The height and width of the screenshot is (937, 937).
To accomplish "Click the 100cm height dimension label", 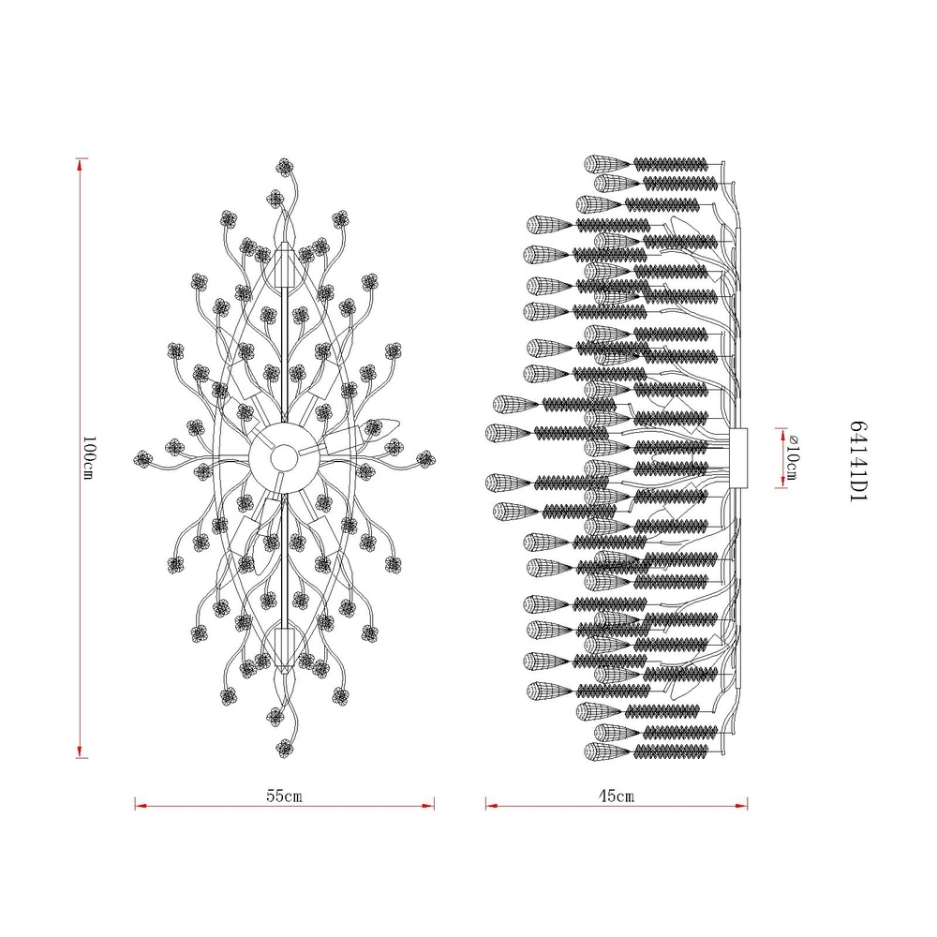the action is point(88,457).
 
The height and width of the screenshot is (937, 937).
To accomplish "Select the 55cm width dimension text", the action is point(284,796).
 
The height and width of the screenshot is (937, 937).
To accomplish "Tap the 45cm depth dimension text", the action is point(617,796).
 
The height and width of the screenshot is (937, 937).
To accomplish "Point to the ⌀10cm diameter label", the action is point(793,457).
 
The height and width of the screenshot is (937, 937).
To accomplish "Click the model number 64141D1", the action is point(857,461).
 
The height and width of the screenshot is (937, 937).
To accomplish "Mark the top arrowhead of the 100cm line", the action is point(79,164).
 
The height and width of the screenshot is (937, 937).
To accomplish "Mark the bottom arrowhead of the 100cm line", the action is point(79,751).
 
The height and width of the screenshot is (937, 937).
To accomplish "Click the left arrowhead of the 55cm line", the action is point(141,806).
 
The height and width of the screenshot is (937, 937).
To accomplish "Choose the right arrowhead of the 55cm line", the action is point(428,806).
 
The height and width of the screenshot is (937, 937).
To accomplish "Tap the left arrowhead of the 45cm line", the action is point(492,806).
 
